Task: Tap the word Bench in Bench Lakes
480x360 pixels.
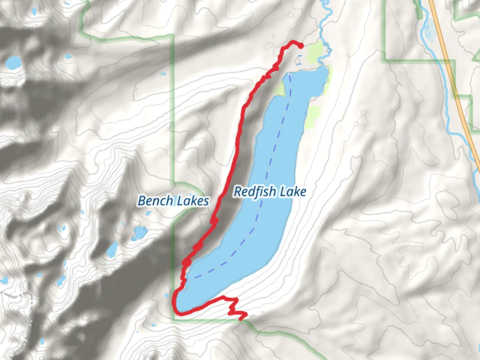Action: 155,201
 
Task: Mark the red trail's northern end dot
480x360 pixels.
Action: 301,45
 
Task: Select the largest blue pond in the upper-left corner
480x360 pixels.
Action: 13,63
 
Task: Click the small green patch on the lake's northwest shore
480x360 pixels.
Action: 280,88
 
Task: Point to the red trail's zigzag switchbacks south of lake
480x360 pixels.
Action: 235,308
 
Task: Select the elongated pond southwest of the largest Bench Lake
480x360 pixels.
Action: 112,249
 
